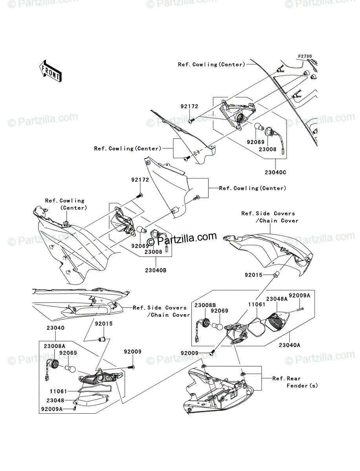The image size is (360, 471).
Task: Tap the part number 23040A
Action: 289,345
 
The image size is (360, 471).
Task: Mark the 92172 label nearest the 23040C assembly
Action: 189,106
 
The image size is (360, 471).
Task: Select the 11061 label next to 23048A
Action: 252,304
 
